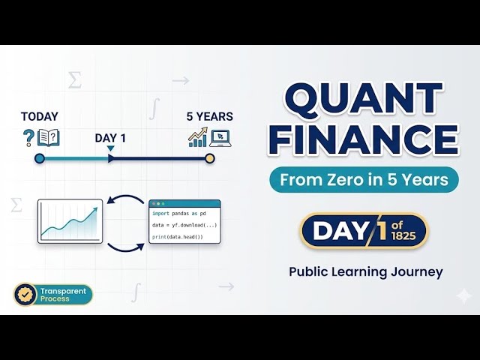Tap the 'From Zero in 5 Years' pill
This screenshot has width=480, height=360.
pyautogui.click(x=363, y=180)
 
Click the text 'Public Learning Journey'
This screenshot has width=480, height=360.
pyautogui.click(x=366, y=271)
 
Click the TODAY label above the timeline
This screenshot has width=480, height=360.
pyautogui.click(x=40, y=117)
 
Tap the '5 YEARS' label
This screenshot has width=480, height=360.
pyautogui.click(x=209, y=117)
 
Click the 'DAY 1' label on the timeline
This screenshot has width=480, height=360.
pyautogui.click(x=110, y=139)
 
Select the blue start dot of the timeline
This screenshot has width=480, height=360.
pyautogui.click(x=40, y=158)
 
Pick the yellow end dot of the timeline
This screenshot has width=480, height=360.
pyautogui.click(x=210, y=158)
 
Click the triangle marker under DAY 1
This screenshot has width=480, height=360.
pyautogui.click(x=110, y=148)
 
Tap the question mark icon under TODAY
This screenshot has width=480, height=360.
pyautogui.click(x=28, y=137)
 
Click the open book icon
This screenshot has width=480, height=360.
pyautogui.click(x=48, y=137)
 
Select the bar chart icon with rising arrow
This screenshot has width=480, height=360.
pyautogui.click(x=198, y=137)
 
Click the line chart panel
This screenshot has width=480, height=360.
pyautogui.click(x=70, y=221)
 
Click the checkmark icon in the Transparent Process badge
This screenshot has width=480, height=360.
pyautogui.click(x=25, y=294)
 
